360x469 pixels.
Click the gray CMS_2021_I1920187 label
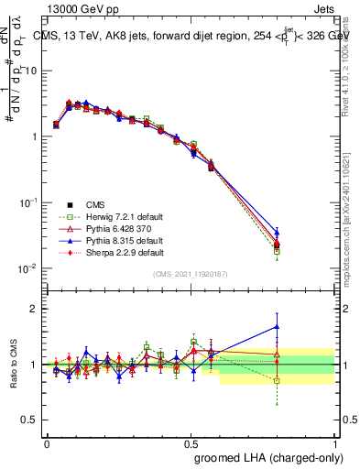(x=191, y=275)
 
